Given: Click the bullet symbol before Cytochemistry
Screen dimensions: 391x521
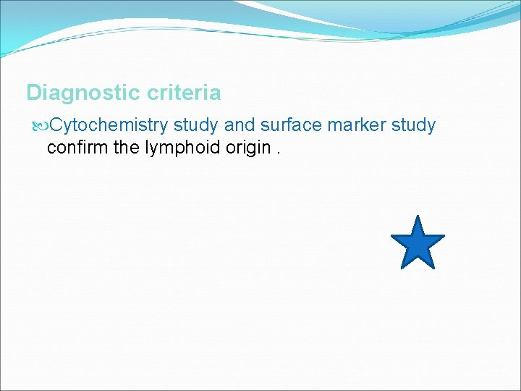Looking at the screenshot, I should pyautogui.click(x=40, y=126).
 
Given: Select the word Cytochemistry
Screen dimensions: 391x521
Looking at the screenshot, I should pyautogui.click(x=109, y=125).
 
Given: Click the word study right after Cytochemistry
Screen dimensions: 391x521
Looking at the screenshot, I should pyautogui.click(x=197, y=125).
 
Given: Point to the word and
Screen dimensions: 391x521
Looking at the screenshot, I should pyautogui.click(x=239, y=125).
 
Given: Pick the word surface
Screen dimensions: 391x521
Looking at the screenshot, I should pyautogui.click(x=289, y=125).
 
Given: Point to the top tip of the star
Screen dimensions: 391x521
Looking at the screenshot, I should pyautogui.click(x=418, y=216).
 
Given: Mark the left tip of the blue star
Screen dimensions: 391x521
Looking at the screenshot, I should pyautogui.click(x=391, y=236).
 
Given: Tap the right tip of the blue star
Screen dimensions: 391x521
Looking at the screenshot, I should pyautogui.click(x=444, y=236).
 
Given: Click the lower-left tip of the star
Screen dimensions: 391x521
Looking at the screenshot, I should pyautogui.click(x=402, y=268).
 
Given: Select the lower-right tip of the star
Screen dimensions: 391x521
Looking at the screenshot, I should pyautogui.click(x=434, y=268).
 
